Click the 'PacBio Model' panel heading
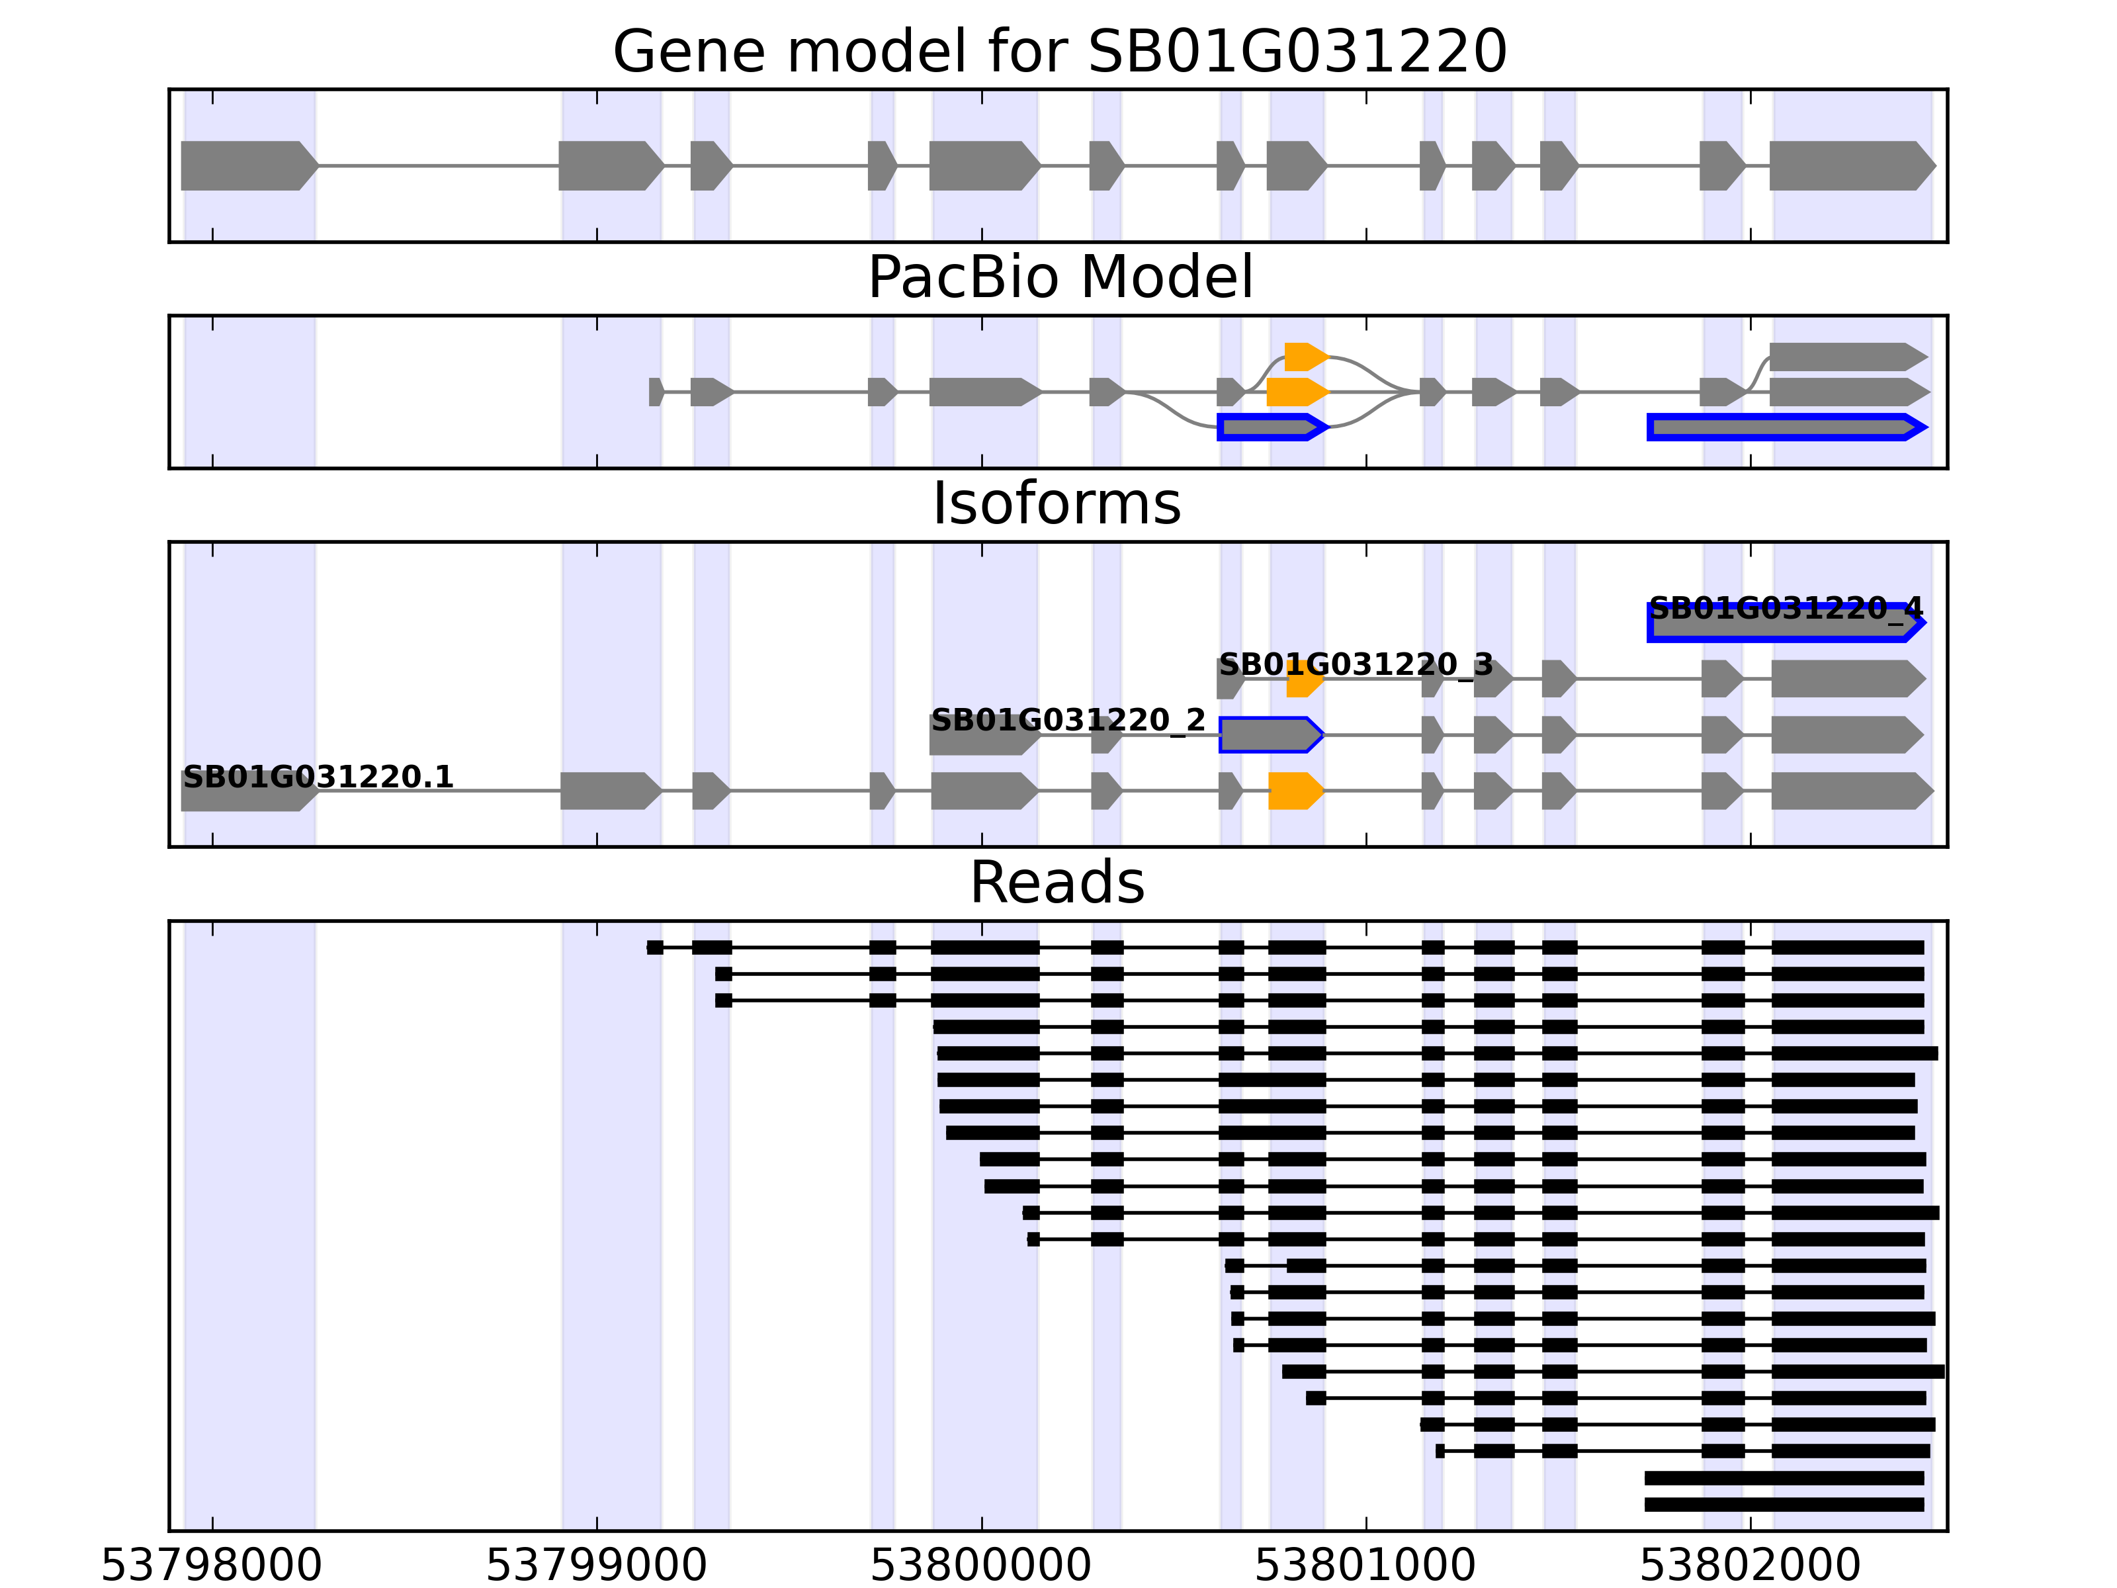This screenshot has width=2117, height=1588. click(x=1059, y=278)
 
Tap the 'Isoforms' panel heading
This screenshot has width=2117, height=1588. click(x=1057, y=504)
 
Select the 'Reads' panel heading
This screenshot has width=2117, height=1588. click(x=1057, y=883)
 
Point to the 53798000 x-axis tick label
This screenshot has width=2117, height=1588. click(x=212, y=1564)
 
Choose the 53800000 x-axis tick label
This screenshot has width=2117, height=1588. click(x=981, y=1564)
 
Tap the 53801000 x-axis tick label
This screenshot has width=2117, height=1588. click(x=1365, y=1564)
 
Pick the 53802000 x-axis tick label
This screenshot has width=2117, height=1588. click(x=1750, y=1564)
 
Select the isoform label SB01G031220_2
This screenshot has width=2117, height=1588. click(x=1068, y=720)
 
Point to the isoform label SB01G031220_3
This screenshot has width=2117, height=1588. click(x=1355, y=664)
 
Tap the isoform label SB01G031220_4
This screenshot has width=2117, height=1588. click(x=1786, y=608)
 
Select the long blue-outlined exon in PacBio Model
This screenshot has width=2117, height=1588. click(x=1786, y=427)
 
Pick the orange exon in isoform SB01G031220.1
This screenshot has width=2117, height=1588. click(x=1295, y=791)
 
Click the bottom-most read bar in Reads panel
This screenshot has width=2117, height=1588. click(x=1784, y=1504)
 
